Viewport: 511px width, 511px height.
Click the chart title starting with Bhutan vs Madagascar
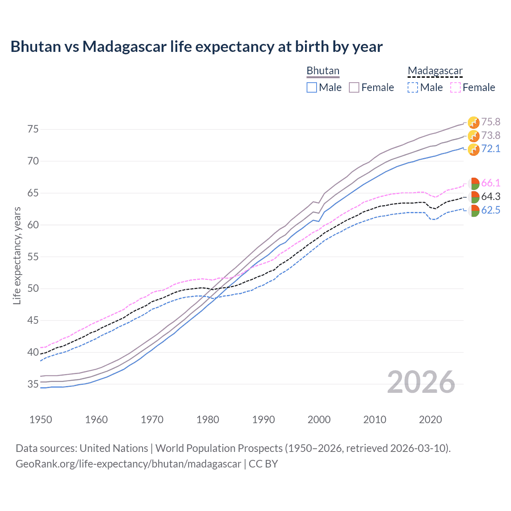tap(196, 47)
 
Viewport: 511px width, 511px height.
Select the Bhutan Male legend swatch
tap(312, 87)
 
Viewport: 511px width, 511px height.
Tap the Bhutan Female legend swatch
tap(354, 87)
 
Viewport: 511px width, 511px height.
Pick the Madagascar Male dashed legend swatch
tap(413, 87)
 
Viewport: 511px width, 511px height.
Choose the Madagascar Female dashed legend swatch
tap(456, 87)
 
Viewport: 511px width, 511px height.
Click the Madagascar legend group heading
tap(435, 71)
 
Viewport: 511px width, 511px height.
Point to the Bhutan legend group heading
tap(323, 71)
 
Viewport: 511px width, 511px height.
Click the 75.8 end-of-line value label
tap(491, 122)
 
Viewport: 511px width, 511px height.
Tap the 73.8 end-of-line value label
tap(491, 135)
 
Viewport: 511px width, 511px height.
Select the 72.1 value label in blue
tap(491, 149)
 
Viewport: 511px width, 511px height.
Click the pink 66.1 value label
tap(491, 183)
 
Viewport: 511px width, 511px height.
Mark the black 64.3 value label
tap(491, 196)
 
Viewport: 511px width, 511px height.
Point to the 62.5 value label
tap(491, 210)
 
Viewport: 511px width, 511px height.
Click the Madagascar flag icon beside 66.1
tap(474, 184)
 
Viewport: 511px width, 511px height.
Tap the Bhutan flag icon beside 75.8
tap(473, 123)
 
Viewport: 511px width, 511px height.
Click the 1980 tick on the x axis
tap(208, 420)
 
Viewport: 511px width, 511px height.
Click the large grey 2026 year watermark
tap(421, 382)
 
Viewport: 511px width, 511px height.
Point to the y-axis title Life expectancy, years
tap(17, 255)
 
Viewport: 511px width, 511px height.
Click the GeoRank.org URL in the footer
tap(128, 464)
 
